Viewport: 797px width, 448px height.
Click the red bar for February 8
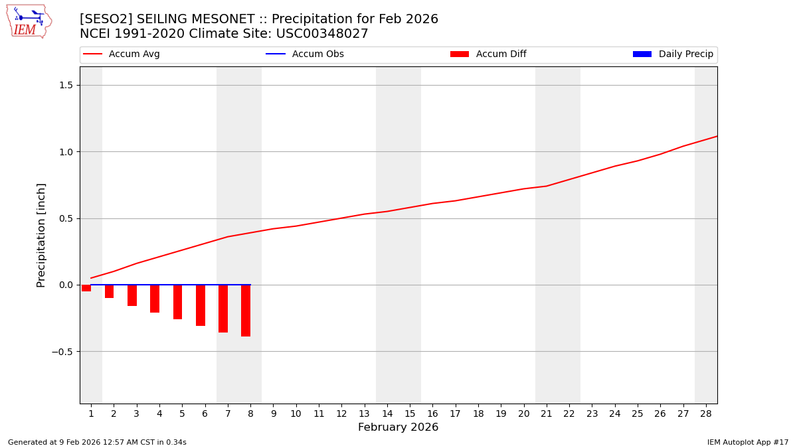coord(246,311)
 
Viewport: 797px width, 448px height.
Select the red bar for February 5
coord(177,302)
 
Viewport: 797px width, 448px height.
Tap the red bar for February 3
coord(132,295)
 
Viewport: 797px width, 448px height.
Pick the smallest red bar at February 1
coord(86,288)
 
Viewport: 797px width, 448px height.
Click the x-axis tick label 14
coord(387,413)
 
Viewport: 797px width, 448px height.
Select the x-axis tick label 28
coord(706,413)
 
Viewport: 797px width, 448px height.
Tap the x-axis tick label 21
coord(547,413)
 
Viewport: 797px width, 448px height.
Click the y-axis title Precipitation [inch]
coord(41,235)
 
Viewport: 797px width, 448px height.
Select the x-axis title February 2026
coord(398,427)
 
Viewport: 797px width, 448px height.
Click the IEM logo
coord(29,21)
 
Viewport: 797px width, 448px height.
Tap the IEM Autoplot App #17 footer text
coord(748,442)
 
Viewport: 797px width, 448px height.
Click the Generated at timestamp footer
coord(97,442)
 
